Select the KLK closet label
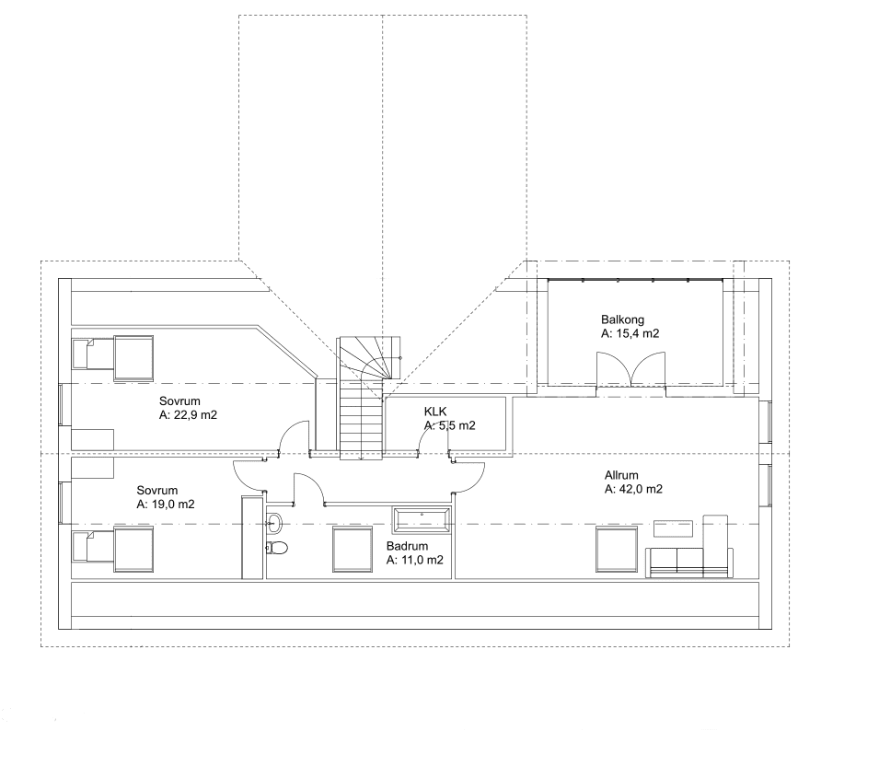pyautogui.click(x=435, y=412)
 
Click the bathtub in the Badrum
pyautogui.click(x=422, y=520)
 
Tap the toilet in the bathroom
pyautogui.click(x=276, y=549)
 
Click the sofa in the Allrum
pyautogui.click(x=689, y=562)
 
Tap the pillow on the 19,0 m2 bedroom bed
pyautogui.click(x=82, y=549)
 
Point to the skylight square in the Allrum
pyautogui.click(x=615, y=550)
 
